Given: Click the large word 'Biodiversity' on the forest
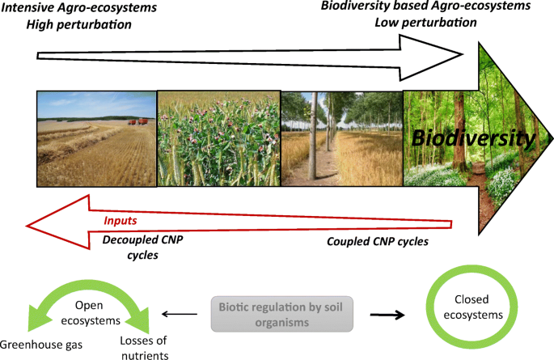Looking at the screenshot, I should point(472,138).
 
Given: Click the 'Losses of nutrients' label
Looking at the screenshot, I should point(171,349).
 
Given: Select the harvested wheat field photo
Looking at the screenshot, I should point(96,138).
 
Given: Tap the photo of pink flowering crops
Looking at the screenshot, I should point(218,138).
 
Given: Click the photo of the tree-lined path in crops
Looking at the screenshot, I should point(341,138).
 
